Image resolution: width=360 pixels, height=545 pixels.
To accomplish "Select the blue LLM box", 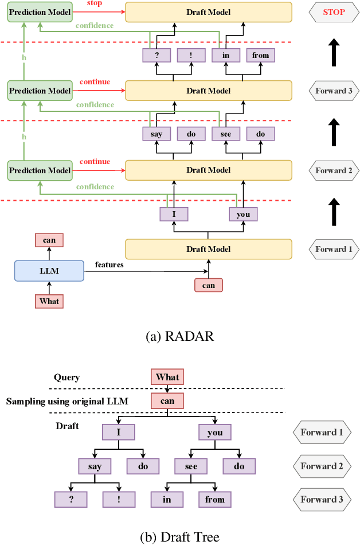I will click(x=49, y=270).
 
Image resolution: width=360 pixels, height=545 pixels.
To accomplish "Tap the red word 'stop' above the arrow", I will click(x=95, y=3).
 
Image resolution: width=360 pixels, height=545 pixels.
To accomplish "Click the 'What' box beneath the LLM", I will click(x=49, y=301).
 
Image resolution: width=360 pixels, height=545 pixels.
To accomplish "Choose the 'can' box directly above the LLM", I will click(x=49, y=240).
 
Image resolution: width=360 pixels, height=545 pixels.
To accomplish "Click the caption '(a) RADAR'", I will click(x=180, y=336).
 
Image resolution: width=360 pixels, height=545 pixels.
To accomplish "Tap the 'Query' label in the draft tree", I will click(x=68, y=377).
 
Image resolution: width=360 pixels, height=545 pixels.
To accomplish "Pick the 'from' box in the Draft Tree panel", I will click(x=215, y=499).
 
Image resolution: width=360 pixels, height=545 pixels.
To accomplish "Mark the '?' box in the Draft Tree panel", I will click(x=72, y=499).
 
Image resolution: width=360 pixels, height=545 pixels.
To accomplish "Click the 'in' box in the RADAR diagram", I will click(x=225, y=55).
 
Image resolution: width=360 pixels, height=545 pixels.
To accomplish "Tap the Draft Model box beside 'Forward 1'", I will click(x=209, y=249).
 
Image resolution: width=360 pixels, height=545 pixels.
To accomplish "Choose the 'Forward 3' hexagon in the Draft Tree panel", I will click(x=322, y=499).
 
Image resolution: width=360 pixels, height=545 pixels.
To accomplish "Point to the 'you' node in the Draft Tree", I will click(x=215, y=433).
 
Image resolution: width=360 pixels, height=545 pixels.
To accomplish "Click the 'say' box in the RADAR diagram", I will click(x=156, y=134).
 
